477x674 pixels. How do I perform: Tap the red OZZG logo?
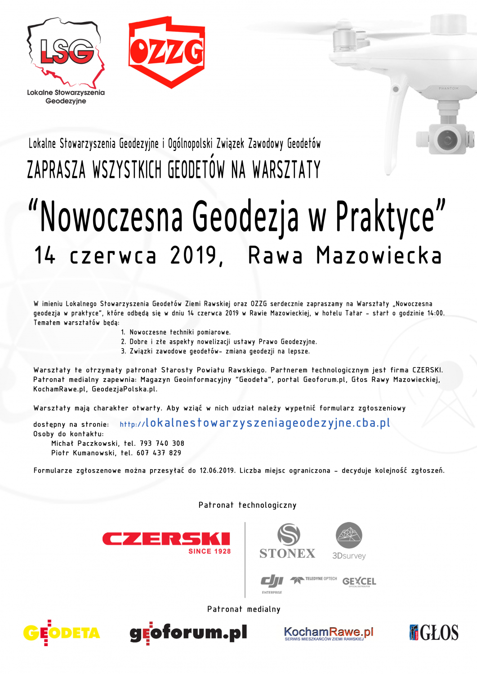point(167,51)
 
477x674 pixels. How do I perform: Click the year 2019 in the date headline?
point(194,255)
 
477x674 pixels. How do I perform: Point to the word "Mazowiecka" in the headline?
point(379,255)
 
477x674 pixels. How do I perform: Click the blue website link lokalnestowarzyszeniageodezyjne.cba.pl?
point(267,423)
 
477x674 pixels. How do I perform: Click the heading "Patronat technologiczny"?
point(247,505)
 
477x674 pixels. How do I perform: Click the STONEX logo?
point(288,541)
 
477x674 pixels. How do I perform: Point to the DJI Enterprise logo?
point(272,583)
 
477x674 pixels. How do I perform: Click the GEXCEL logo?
point(359,581)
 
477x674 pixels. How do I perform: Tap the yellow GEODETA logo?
point(62,633)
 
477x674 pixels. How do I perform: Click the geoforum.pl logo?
point(188,633)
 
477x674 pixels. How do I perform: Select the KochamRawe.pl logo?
point(329,634)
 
